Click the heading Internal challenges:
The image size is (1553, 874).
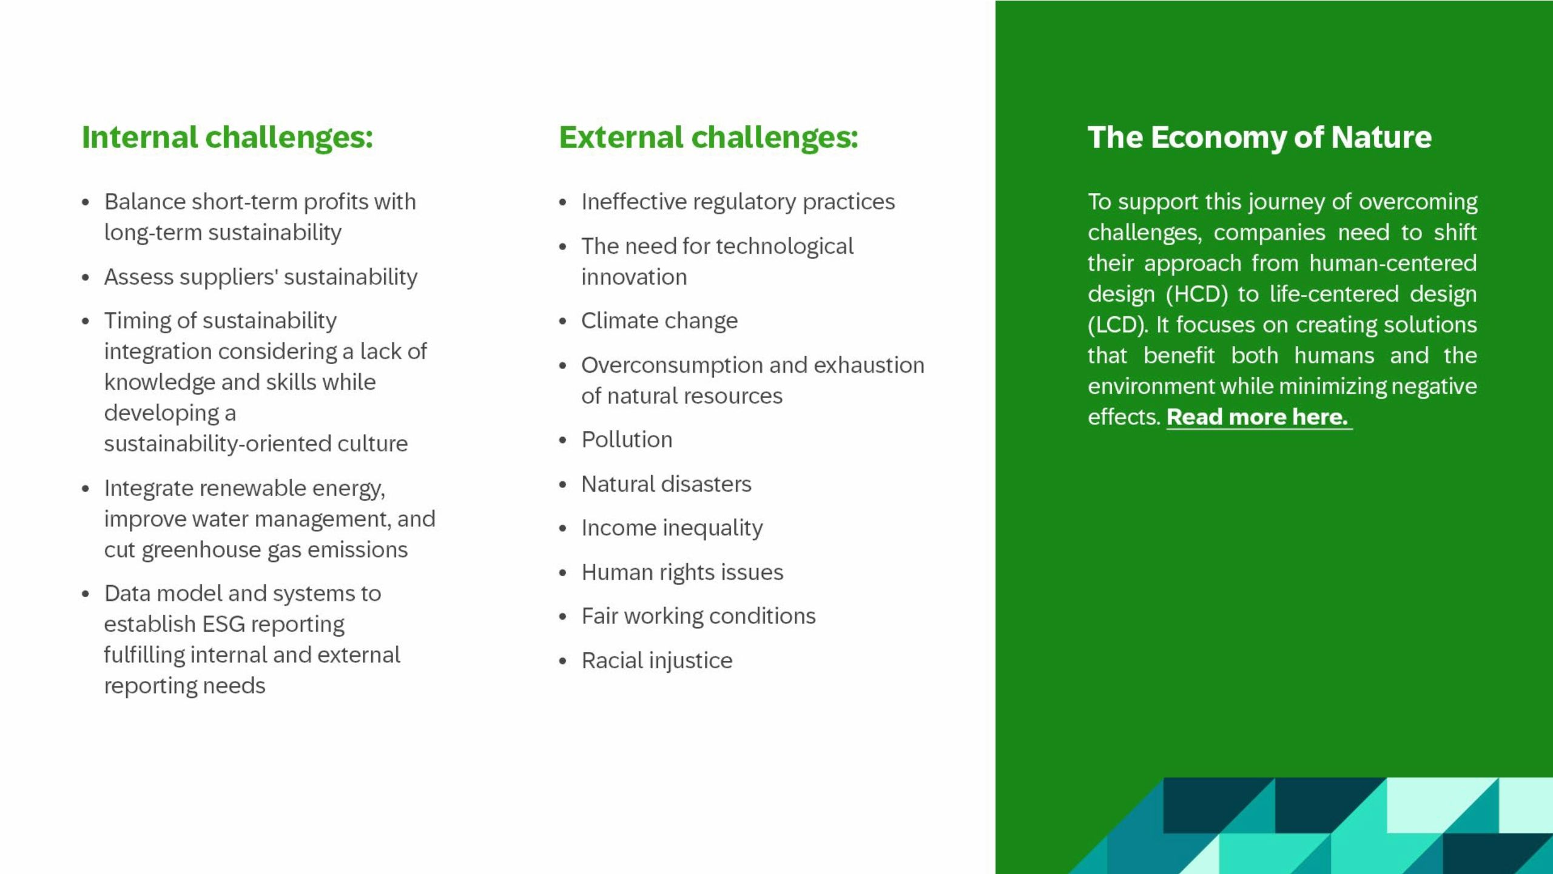227,138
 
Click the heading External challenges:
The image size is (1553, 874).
708,138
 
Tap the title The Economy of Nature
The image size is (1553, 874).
1259,138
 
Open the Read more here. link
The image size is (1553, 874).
1257,417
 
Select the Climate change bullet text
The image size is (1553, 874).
659,321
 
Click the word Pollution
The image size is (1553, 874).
627,440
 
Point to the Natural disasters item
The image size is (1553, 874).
665,484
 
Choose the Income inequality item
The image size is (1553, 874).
672,528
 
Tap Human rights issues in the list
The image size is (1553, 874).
682,572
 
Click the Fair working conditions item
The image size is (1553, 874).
698,616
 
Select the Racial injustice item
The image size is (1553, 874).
656,660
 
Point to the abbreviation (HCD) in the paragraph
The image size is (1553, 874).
1196,294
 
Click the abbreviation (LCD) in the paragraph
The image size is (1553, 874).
1117,325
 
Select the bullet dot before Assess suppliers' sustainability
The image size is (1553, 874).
86,278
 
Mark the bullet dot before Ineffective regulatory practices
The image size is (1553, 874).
562,203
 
